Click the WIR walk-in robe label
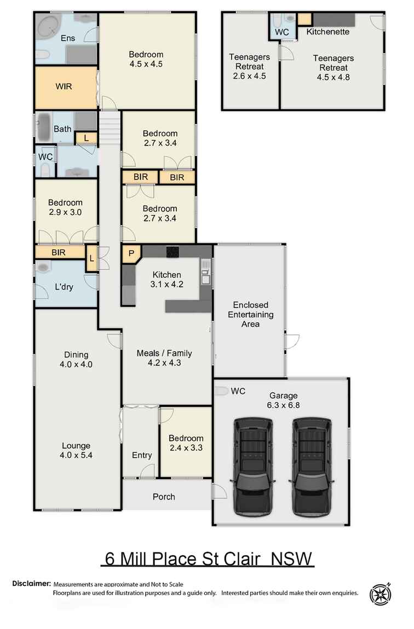pyautogui.click(x=64, y=86)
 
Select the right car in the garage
pyautogui.click(x=312, y=467)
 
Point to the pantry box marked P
pyautogui.click(x=131, y=253)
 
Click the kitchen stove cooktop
pyautogui.click(x=173, y=252)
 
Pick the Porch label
pyautogui.click(x=164, y=497)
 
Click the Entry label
pyautogui.click(x=142, y=455)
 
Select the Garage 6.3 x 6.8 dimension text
pyautogui.click(x=283, y=405)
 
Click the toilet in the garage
pyautogui.click(x=221, y=391)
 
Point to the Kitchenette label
pyautogui.click(x=327, y=32)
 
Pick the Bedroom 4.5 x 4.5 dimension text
pyautogui.click(x=146, y=63)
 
